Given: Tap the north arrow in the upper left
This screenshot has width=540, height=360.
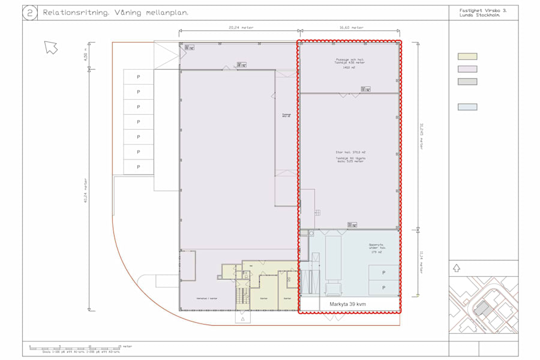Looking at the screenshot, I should [51, 47].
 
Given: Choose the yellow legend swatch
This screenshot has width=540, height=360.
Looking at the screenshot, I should [467, 56].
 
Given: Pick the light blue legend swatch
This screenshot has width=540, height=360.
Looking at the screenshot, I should [467, 107].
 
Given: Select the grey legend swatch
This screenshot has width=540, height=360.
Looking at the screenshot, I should [467, 82].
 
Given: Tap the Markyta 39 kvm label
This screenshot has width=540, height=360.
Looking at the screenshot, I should [348, 304].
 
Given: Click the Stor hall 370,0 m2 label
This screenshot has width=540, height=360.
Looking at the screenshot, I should [350, 152].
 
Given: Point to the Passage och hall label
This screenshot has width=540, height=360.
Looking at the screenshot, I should [350, 59].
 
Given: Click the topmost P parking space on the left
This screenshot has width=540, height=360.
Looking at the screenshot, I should [138, 77].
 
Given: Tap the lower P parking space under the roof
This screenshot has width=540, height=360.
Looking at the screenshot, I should [383, 288].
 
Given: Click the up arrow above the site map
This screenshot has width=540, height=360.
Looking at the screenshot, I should [457, 269].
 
